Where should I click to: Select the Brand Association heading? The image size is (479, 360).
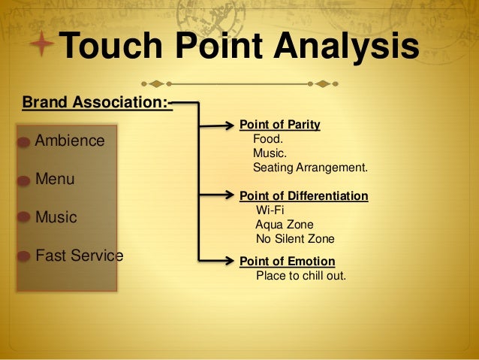pyautogui.click(x=97, y=101)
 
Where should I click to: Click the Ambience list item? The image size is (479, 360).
pyautogui.click(x=70, y=141)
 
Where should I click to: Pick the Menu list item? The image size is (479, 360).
pyautogui.click(x=55, y=180)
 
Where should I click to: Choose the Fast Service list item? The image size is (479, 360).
pyautogui.click(x=79, y=256)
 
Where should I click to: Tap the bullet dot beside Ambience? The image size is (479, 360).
pyautogui.click(x=25, y=142)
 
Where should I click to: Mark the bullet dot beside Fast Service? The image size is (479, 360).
pyautogui.click(x=25, y=256)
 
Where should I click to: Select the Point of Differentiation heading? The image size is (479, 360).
pyautogui.click(x=303, y=196)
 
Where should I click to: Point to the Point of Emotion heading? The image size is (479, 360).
pyautogui.click(x=287, y=262)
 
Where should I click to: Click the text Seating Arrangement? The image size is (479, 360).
pyautogui.click(x=310, y=167)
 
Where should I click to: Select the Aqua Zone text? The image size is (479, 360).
pyautogui.click(x=284, y=224)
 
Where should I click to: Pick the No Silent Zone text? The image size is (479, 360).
pyautogui.click(x=294, y=239)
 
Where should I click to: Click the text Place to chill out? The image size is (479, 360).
pyautogui.click(x=301, y=275)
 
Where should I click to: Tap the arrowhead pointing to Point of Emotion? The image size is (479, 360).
pyautogui.click(x=230, y=262)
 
